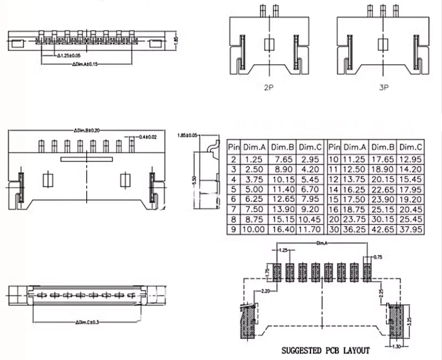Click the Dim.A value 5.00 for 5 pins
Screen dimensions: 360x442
(x=254, y=189)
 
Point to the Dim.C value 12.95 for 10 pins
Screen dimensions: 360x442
(x=410, y=159)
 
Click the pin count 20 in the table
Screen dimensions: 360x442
(x=334, y=219)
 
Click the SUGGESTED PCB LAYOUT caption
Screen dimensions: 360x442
(x=325, y=350)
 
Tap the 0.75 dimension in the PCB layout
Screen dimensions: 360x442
(x=378, y=256)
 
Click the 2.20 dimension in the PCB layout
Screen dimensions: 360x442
(x=266, y=290)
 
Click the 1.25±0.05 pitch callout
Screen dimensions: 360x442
(x=69, y=55)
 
